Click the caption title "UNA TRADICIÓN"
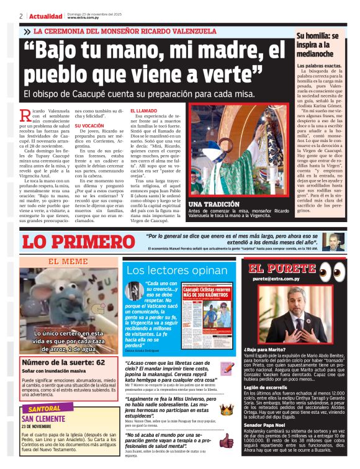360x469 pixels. point(197,203)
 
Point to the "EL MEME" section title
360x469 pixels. point(64,261)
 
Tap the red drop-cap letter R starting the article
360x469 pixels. point(25,114)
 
